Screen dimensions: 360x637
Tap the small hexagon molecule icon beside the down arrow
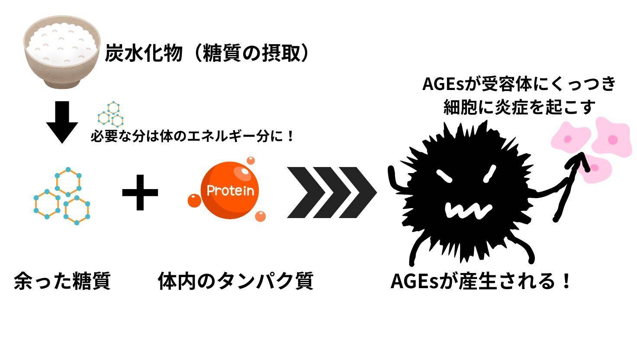click(x=111, y=113)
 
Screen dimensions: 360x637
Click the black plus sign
click(x=140, y=192)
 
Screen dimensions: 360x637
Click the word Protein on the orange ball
click(x=230, y=190)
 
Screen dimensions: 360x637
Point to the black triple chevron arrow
click(x=331, y=192)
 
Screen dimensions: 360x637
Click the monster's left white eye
click(x=444, y=175)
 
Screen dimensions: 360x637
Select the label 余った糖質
click(x=62, y=280)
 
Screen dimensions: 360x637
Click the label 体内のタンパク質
click(x=235, y=280)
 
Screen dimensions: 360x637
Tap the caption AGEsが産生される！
click(x=481, y=280)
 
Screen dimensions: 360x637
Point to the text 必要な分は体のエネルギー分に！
click(x=193, y=137)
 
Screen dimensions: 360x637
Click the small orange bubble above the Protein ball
click(x=251, y=161)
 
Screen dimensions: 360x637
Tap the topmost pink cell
click(x=612, y=137)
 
